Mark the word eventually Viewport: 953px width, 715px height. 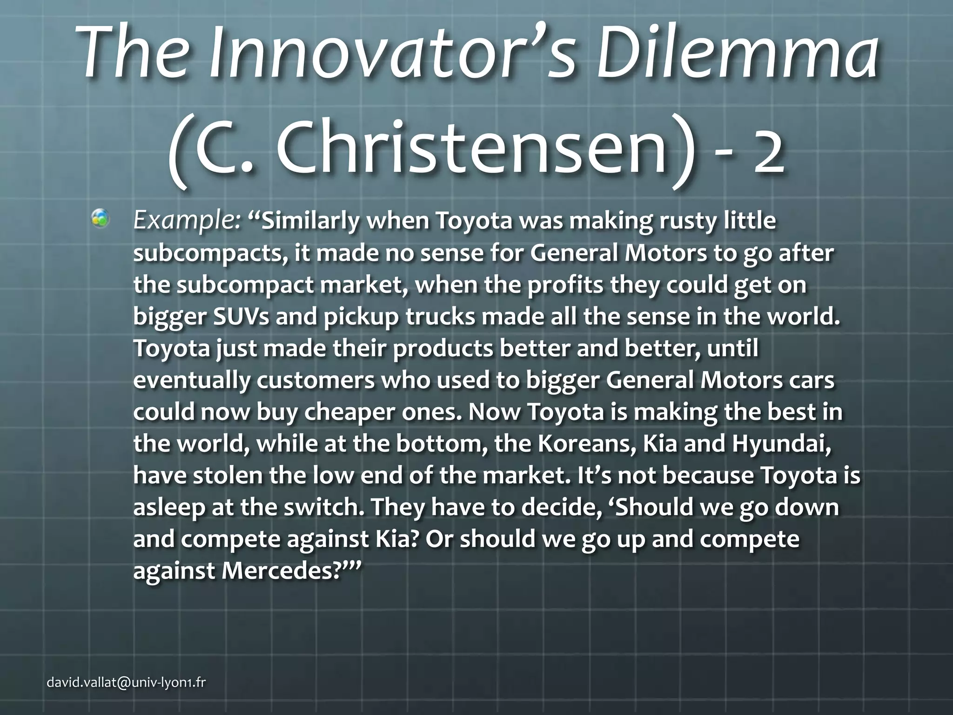coord(191,380)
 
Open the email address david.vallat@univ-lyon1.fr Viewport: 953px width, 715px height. coord(126,683)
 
